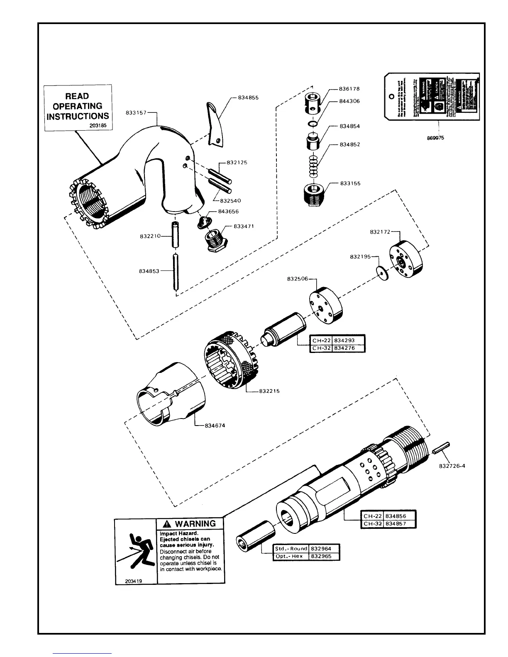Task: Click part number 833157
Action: [x=136, y=112]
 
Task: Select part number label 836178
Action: [x=349, y=89]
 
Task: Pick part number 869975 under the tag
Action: [x=436, y=138]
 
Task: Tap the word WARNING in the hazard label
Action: [x=195, y=523]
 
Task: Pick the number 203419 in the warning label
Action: [x=134, y=581]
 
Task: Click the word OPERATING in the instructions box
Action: [x=78, y=106]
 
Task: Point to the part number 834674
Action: [x=215, y=426]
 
